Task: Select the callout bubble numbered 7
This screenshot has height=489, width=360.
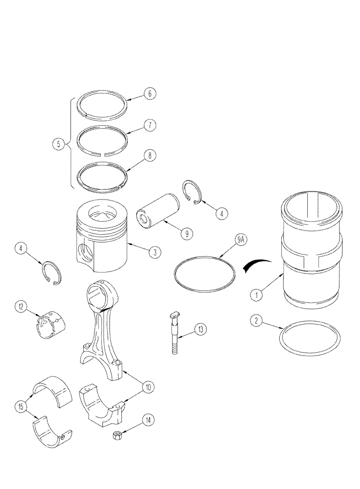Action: pyautogui.click(x=151, y=126)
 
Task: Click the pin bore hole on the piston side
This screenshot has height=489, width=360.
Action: pyautogui.click(x=88, y=254)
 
